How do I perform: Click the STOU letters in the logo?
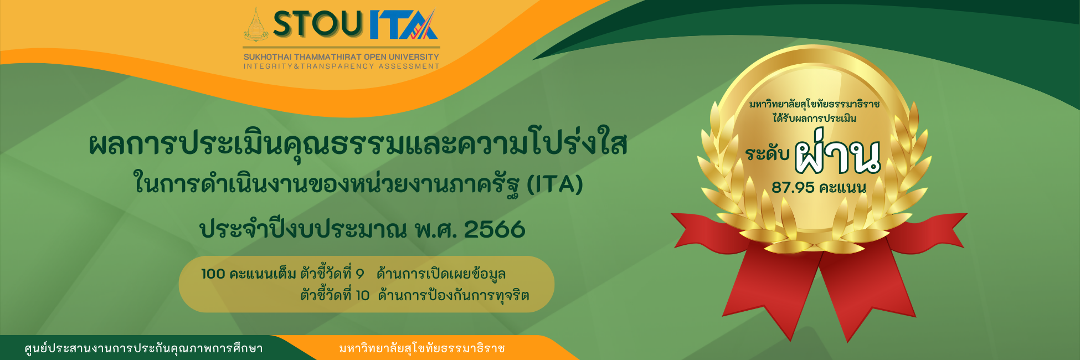click(x=317, y=25)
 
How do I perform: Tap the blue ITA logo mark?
click(x=403, y=25)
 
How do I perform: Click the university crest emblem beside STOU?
click(x=256, y=25)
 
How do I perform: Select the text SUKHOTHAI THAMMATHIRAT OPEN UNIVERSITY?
click(x=341, y=57)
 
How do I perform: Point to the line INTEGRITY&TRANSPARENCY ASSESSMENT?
click(x=341, y=66)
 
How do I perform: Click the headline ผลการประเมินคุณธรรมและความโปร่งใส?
click(x=358, y=144)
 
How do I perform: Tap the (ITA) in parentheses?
click(x=554, y=184)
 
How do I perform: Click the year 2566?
click(x=494, y=229)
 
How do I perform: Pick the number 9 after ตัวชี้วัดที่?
click(x=359, y=274)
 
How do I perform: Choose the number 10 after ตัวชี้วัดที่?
click(x=362, y=295)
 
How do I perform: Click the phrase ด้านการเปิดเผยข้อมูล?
click(x=441, y=274)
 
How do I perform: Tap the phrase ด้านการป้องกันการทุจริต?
click(x=453, y=295)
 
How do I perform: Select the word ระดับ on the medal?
click(x=767, y=153)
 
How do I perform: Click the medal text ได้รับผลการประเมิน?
click(x=814, y=118)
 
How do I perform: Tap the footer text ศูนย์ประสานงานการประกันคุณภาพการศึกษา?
click(x=143, y=348)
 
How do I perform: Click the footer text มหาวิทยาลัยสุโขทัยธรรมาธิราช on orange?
click(x=422, y=348)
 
